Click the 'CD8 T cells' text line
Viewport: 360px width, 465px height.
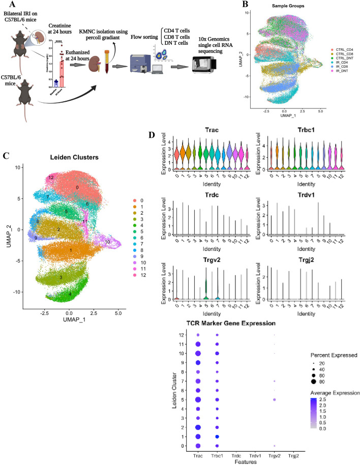pos(177,28)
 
